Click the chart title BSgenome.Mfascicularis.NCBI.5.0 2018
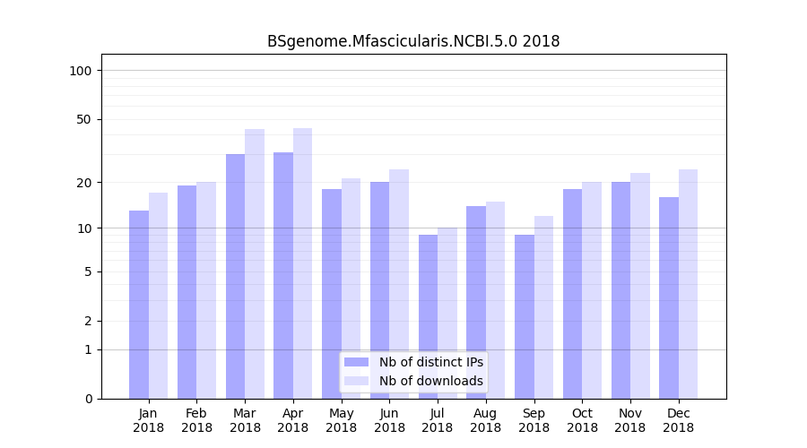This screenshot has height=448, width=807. coord(413,41)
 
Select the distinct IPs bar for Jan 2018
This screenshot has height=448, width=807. coord(139,305)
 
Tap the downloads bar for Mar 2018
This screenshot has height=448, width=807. coord(255,263)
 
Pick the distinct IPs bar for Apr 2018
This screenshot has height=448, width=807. coord(283,275)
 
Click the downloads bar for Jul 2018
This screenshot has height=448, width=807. coord(447,313)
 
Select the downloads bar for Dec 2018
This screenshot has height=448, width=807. coord(688,284)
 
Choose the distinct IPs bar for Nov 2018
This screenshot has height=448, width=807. coord(620,290)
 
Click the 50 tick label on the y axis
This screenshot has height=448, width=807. coord(84,119)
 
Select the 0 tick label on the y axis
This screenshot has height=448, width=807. coord(88,399)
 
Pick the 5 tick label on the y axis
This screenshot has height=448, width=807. coord(88,271)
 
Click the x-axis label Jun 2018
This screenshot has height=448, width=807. coord(389,420)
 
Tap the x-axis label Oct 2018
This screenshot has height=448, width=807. coord(582,420)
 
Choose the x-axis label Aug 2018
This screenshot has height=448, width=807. coord(486,420)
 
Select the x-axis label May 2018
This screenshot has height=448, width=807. coord(342,420)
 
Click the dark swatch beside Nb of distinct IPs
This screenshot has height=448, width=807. coord(356,362)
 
